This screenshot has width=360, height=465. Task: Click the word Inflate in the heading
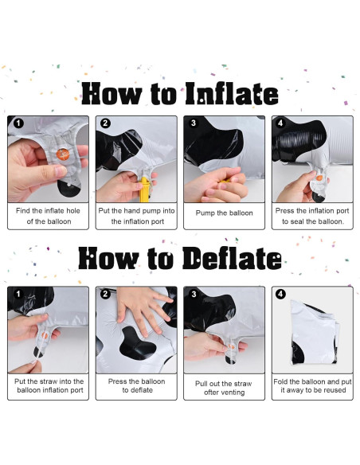coord(232,94)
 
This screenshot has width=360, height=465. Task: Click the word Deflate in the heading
coord(232,258)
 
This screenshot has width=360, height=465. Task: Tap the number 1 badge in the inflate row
coord(18,123)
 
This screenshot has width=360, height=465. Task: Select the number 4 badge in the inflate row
coord(280,123)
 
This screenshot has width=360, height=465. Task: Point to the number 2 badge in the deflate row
coord(105,294)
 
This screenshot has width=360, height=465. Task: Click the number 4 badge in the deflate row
coord(280,294)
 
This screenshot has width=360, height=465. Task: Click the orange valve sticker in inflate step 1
coord(63,154)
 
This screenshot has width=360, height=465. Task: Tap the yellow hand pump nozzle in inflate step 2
coord(144,190)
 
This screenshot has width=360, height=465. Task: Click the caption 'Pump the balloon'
coord(224,213)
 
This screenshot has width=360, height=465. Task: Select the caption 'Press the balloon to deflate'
coord(136,385)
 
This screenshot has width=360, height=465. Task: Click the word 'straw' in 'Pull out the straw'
coord(243,384)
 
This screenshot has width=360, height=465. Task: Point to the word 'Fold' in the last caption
coord(280,381)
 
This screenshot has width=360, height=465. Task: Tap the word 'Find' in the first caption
coord(23,210)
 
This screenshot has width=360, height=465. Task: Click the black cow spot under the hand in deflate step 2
coord(137,344)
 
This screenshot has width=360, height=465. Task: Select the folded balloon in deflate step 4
coord(314,332)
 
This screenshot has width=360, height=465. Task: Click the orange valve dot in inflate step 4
coord(319,178)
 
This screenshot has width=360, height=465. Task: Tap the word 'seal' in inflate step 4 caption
coord(297,221)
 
